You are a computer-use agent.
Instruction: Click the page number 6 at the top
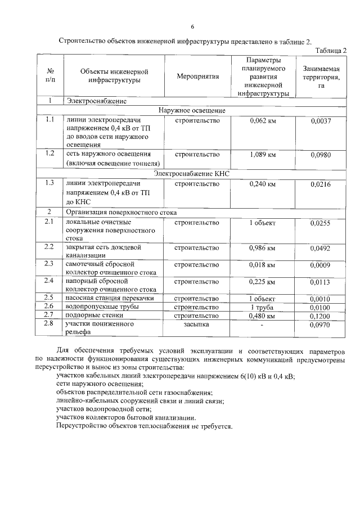(x=192, y=26)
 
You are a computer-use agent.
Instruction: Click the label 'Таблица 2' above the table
(x=331, y=50)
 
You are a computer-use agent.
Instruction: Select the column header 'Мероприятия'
(x=197, y=76)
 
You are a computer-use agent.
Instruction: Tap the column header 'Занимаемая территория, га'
(x=321, y=76)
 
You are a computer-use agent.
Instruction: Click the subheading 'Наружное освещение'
(x=192, y=110)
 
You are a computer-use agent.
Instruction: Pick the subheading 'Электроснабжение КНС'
(x=192, y=174)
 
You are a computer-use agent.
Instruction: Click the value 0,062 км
(x=262, y=121)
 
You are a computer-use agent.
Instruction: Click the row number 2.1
(x=49, y=222)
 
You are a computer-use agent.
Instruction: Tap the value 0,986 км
(x=262, y=247)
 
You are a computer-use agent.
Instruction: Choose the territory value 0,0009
(x=321, y=265)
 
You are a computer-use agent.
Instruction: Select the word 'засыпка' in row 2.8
(x=197, y=325)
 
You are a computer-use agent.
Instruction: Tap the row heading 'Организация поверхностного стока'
(x=121, y=213)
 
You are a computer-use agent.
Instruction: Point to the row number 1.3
(x=49, y=183)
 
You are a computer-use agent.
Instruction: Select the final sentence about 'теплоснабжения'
(x=145, y=426)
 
